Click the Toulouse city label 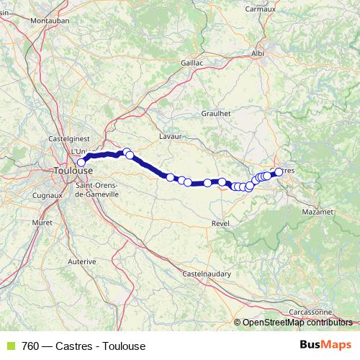[x=73, y=171]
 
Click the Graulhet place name [x=216, y=112]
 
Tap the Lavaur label [x=169, y=135]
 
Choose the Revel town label [x=220, y=225]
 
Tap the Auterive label [x=81, y=262]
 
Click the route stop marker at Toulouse [x=81, y=163]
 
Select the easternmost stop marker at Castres [x=279, y=171]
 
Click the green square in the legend [x=9, y=346]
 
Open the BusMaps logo [x=325, y=345]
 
